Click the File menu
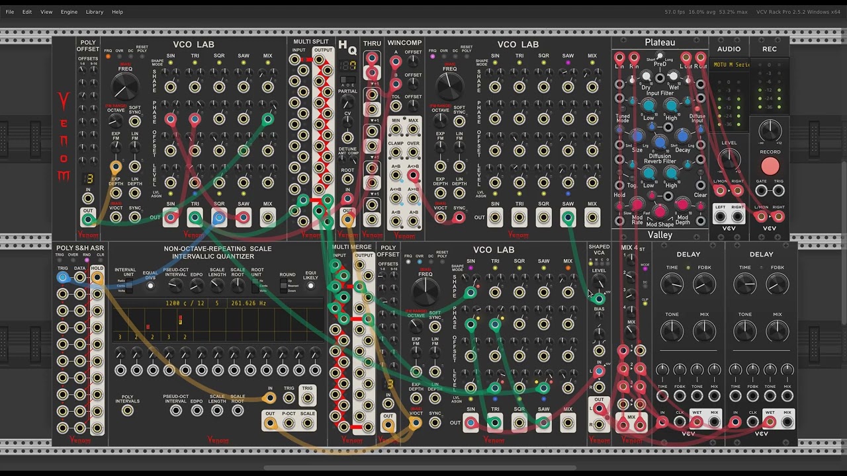(x=10, y=12)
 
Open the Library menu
(x=95, y=12)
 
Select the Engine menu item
(x=69, y=12)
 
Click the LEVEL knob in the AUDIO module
(x=729, y=158)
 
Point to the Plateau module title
(x=660, y=42)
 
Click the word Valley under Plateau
(x=660, y=235)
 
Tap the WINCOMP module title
(x=404, y=43)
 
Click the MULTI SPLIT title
(x=311, y=42)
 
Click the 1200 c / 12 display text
(x=185, y=303)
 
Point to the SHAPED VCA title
(x=599, y=249)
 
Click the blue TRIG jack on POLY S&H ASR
(x=62, y=278)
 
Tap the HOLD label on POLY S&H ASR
(x=97, y=268)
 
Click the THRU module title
(x=372, y=44)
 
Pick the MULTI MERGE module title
(x=352, y=247)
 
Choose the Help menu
(x=117, y=12)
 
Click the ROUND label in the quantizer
(x=287, y=274)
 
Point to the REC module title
(x=770, y=49)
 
